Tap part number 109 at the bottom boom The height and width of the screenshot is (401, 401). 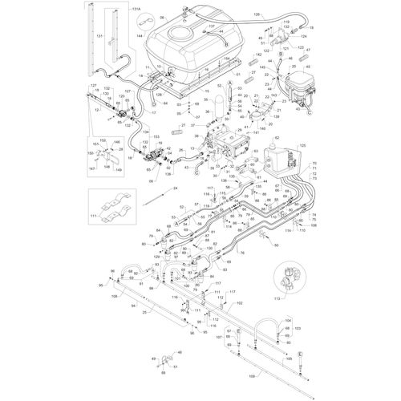click(x=256, y=375)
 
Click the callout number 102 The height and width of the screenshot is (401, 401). click(x=238, y=303)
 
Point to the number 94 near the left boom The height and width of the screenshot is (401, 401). click(x=132, y=306)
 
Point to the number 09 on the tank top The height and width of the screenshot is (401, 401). click(x=163, y=17)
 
